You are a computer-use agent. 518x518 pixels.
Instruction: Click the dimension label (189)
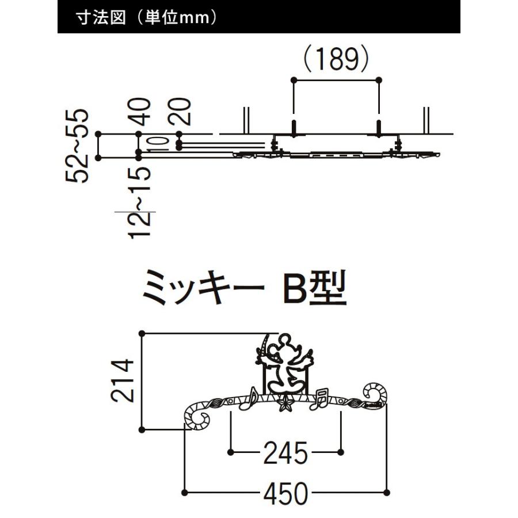tap(336, 59)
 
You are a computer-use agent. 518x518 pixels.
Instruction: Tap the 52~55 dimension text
tap(77, 146)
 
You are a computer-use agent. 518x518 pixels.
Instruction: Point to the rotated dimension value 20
tap(180, 112)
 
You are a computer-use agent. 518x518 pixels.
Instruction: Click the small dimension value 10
tap(157, 144)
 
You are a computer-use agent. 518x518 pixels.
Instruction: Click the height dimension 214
tap(123, 380)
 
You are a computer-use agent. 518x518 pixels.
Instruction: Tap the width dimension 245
tap(285, 453)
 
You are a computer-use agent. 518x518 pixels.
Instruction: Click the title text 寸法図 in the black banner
tap(101, 17)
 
